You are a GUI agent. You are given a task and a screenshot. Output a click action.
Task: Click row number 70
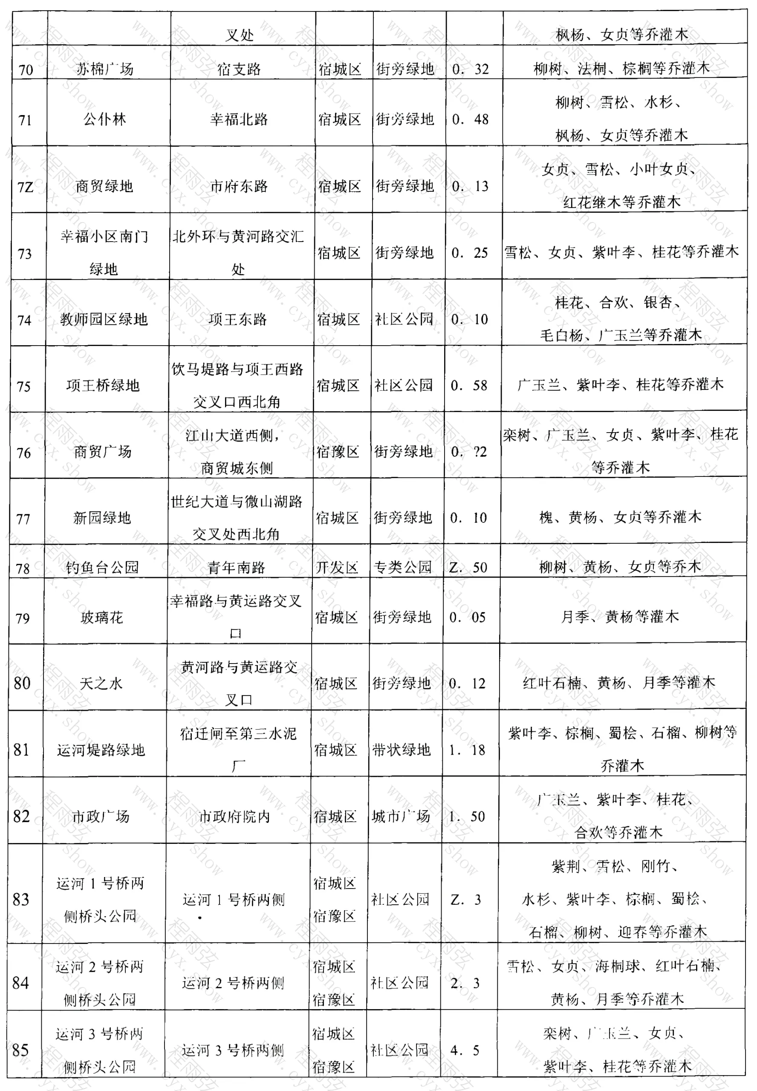(x=26, y=70)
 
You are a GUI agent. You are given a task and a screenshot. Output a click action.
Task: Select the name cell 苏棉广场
(x=105, y=69)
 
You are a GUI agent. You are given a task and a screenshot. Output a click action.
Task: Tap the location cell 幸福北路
(x=239, y=119)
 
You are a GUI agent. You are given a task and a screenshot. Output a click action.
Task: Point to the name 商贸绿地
(x=104, y=186)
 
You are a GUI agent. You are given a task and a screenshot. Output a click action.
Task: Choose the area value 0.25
(x=470, y=253)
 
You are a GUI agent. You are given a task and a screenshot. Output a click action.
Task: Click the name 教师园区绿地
(x=104, y=319)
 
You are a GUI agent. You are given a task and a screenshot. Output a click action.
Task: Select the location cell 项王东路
(x=238, y=319)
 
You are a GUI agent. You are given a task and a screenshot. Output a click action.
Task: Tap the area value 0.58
(x=469, y=385)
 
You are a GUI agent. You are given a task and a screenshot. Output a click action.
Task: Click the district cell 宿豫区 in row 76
(x=338, y=451)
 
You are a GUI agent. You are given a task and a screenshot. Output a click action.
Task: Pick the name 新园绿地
(x=102, y=518)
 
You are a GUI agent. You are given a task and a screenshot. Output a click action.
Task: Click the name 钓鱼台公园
(x=102, y=567)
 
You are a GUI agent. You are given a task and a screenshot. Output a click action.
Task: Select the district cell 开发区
(x=337, y=567)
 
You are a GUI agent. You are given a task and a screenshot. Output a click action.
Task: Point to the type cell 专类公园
(x=403, y=567)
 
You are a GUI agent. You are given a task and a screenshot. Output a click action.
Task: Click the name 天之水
(x=101, y=683)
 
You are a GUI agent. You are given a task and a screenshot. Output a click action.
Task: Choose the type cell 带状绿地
(x=401, y=750)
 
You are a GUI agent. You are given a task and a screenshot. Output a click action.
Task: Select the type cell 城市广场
(x=401, y=816)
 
